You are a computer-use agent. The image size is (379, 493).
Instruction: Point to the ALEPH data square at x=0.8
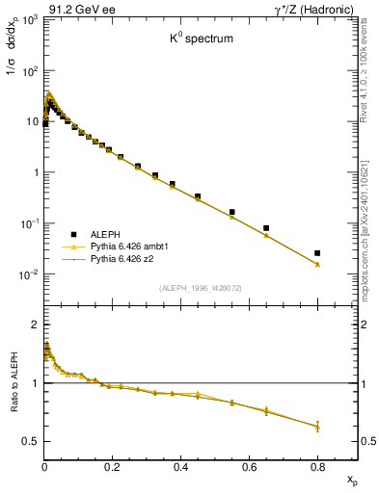point(317,253)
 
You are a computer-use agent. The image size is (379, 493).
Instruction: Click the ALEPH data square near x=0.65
point(266,228)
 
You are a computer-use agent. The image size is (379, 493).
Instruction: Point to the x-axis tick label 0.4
point(180,467)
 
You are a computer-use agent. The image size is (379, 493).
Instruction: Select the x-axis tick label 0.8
point(317,467)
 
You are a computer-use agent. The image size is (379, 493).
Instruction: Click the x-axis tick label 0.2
point(112,467)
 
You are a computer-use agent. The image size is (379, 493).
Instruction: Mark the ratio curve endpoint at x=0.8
point(317,426)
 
